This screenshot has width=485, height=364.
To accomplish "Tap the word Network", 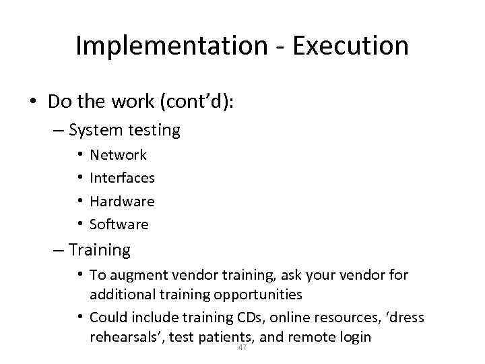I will click(x=118, y=155).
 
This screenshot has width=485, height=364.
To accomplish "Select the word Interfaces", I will click(x=122, y=178).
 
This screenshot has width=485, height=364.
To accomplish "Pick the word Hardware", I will click(x=122, y=201).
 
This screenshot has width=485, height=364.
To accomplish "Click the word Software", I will click(x=119, y=224).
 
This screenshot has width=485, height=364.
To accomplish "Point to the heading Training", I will click(x=100, y=250).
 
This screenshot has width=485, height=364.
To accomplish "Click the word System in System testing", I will click(x=94, y=130).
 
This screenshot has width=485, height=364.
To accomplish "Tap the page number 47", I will click(x=242, y=347).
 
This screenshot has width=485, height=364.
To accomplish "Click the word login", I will click(x=353, y=336).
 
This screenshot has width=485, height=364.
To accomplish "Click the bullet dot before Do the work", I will click(x=32, y=101).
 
